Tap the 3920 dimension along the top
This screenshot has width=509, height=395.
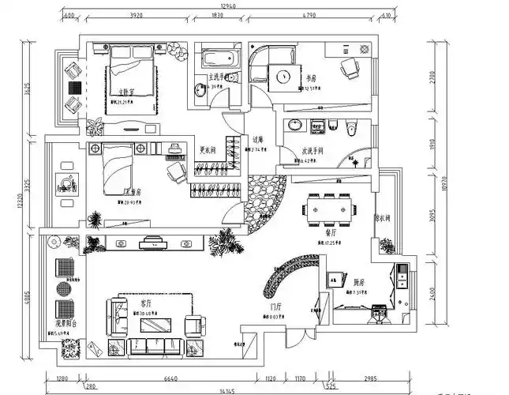tap(136, 14)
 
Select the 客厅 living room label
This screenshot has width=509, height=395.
tap(146, 303)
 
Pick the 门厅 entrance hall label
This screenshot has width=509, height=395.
tap(276, 307)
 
